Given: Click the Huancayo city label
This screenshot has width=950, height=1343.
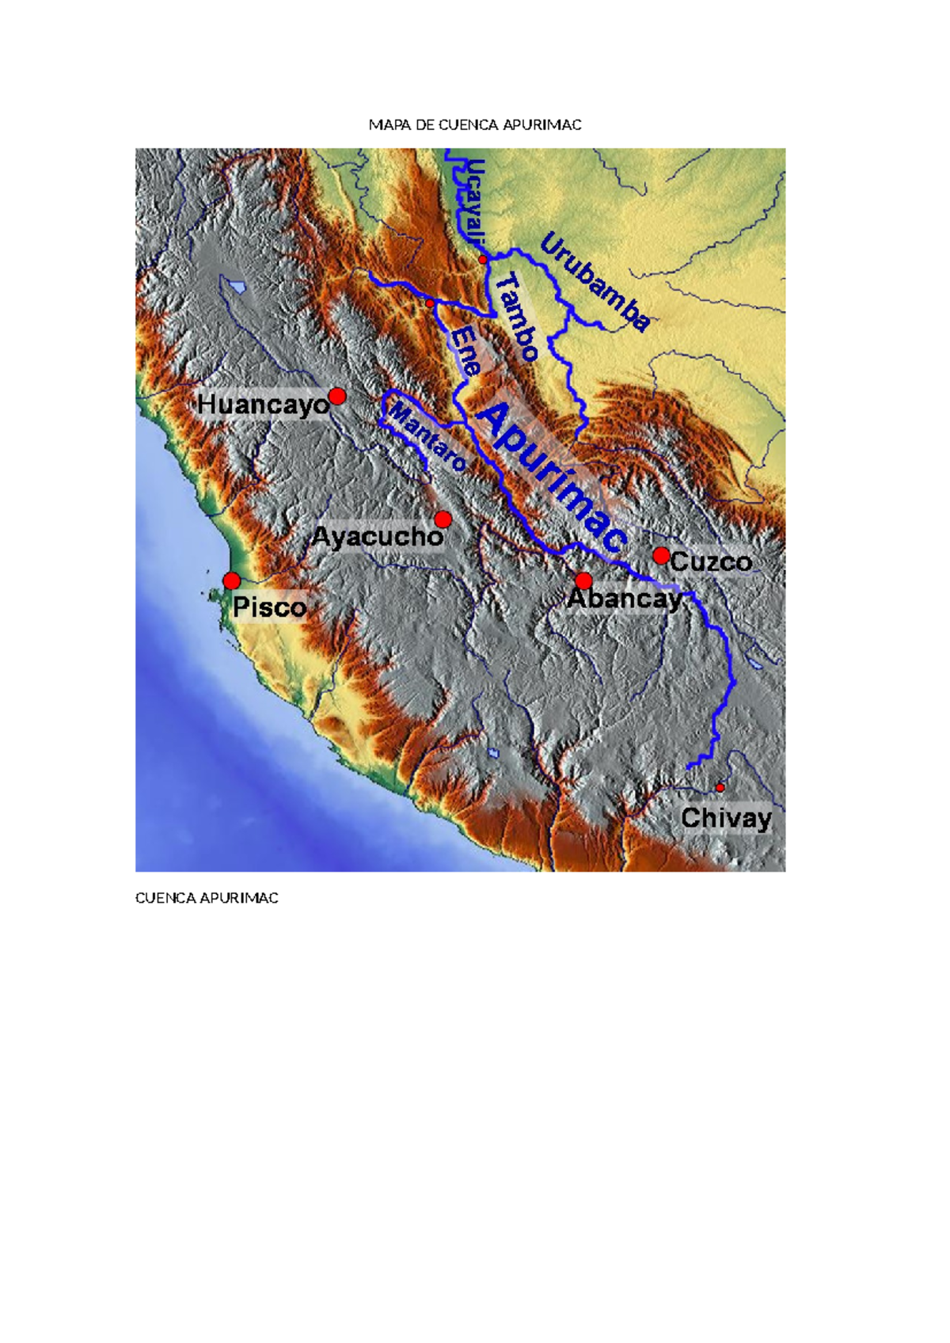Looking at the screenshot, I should [x=263, y=405].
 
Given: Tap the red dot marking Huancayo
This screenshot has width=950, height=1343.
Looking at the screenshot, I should [x=337, y=396].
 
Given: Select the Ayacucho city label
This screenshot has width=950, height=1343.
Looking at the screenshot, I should [x=377, y=537].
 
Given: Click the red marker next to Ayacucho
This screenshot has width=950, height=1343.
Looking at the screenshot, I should [x=443, y=519].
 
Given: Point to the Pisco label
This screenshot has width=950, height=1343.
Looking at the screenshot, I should [x=269, y=607].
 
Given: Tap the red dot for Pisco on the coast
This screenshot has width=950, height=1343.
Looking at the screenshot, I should [x=232, y=581].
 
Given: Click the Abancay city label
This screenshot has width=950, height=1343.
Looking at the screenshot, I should [x=625, y=599].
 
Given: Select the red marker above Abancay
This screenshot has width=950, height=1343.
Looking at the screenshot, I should [x=583, y=580].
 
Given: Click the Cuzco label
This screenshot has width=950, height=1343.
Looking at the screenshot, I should [x=710, y=562].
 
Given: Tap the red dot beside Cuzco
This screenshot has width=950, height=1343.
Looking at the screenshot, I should [x=661, y=556].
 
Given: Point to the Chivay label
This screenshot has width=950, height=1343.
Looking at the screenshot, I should [x=726, y=818].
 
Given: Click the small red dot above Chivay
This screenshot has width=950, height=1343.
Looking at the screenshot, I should [x=720, y=788].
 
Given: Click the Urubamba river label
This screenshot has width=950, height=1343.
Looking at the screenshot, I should [x=595, y=282].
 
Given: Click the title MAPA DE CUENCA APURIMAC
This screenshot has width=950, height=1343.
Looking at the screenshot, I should [x=475, y=125].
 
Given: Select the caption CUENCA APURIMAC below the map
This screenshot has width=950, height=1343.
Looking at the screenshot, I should [x=207, y=898].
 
